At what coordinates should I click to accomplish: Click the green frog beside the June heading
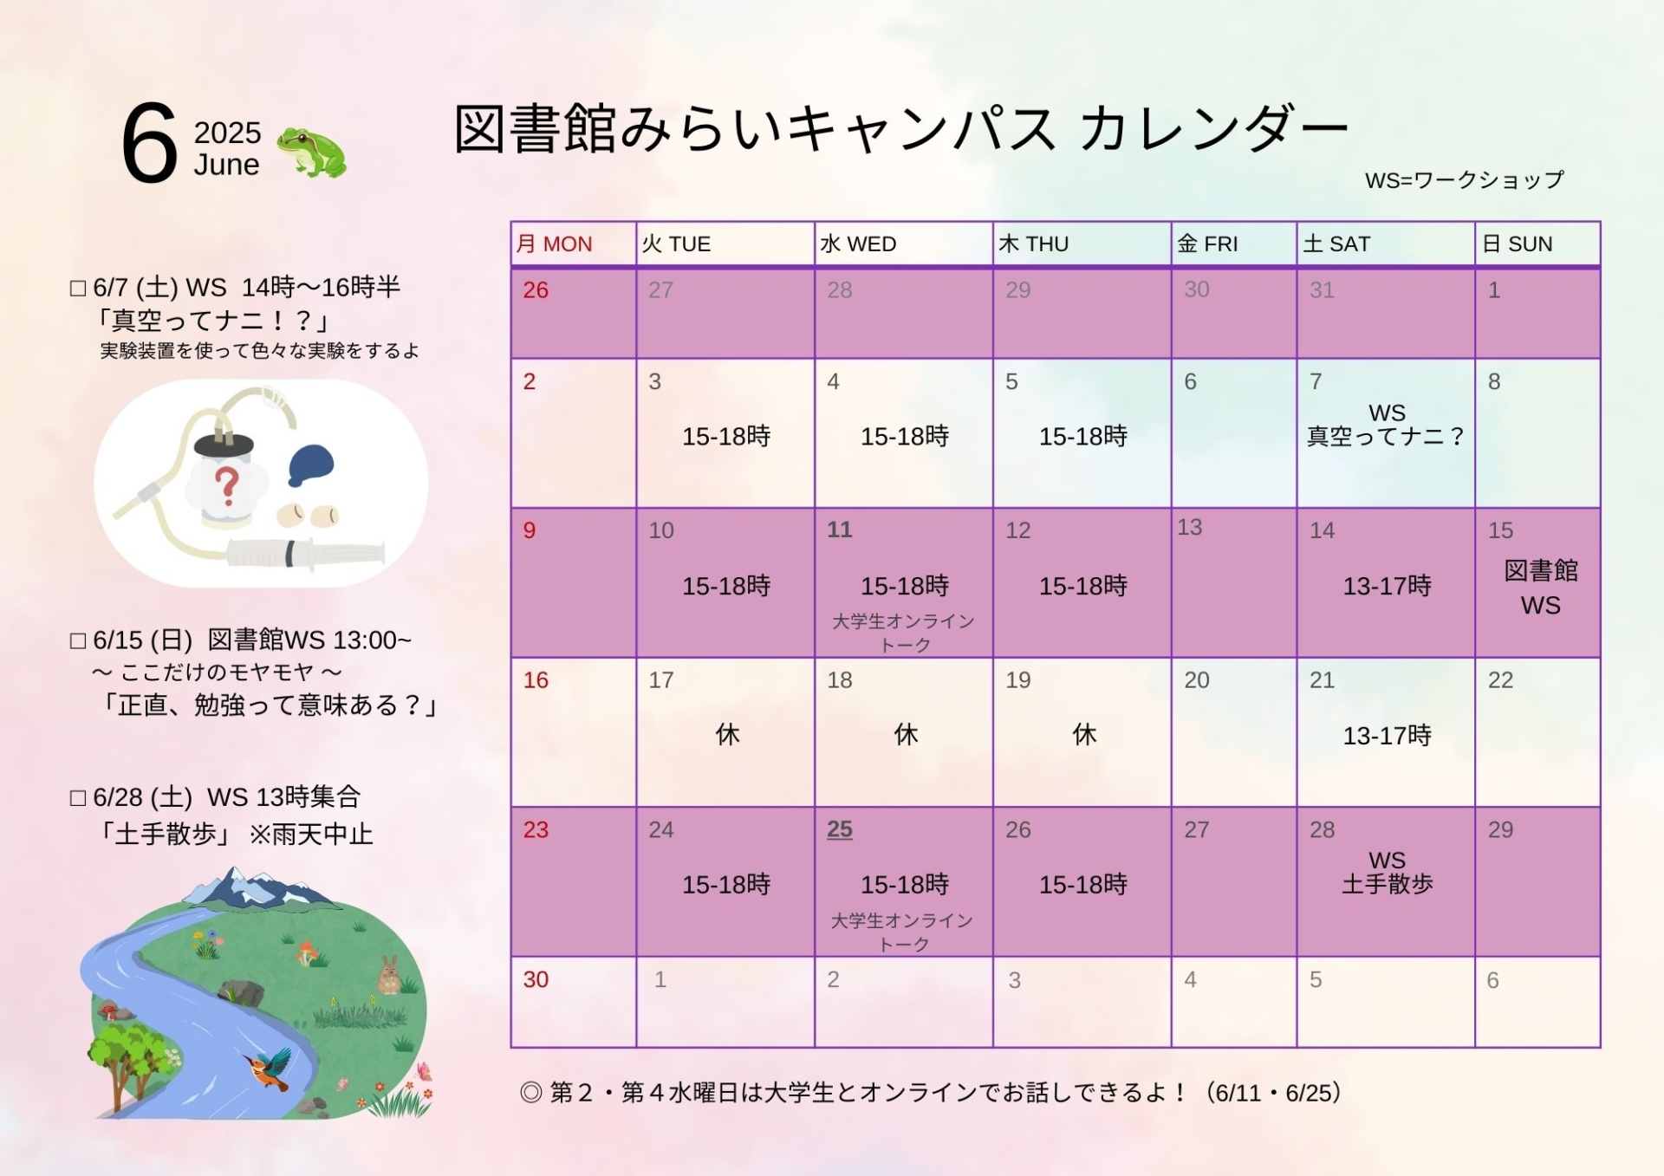[311, 152]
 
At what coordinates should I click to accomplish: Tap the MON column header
[555, 244]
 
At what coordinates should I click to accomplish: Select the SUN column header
[1518, 244]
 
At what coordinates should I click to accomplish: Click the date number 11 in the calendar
[839, 530]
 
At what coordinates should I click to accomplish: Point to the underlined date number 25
[839, 829]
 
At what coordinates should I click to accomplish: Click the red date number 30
[536, 979]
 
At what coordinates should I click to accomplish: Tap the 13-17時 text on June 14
[1387, 586]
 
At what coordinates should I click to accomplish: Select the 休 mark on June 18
[906, 735]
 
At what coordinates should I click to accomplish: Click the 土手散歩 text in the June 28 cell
[1387, 884]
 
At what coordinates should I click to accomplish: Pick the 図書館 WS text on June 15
[1541, 588]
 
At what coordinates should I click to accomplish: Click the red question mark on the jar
[227, 485]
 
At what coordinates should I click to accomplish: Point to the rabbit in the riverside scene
[389, 974]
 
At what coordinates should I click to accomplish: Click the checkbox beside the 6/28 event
[78, 798]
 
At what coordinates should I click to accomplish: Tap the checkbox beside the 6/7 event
[78, 289]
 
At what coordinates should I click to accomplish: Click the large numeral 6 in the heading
[149, 143]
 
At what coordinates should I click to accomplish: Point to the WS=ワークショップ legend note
[1464, 179]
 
